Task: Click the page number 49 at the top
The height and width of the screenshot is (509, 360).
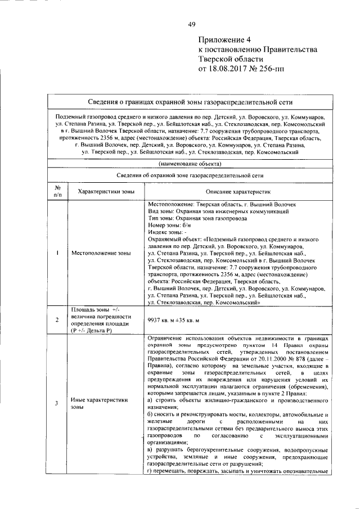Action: pos(192,23)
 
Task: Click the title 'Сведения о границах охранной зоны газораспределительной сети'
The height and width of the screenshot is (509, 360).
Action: pos(191,102)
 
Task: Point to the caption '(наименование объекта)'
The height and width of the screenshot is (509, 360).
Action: pos(190,164)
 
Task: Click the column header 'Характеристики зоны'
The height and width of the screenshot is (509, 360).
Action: pos(106,191)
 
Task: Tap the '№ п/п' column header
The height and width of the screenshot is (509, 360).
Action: pos(57,191)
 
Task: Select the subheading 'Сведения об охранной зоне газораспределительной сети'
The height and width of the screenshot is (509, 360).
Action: pos(190,175)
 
